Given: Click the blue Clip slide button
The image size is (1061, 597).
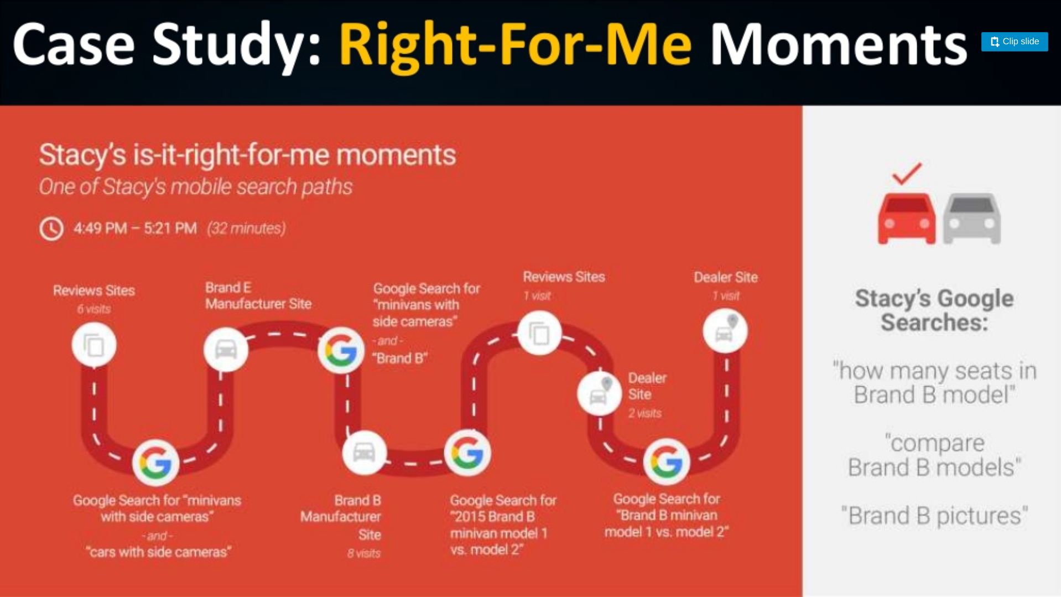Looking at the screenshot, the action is [1014, 41].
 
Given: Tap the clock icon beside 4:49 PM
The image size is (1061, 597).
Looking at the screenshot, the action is [51, 229].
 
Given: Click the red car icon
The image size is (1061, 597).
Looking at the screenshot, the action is [907, 219].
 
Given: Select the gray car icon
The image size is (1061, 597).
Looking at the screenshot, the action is [972, 219].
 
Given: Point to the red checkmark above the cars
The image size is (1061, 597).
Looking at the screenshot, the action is [907, 174].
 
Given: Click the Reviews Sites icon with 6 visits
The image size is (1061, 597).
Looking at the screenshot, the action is [94, 345].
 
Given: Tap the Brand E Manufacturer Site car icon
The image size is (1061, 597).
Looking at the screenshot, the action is [226, 349].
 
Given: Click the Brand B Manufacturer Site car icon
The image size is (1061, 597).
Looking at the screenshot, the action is [364, 453].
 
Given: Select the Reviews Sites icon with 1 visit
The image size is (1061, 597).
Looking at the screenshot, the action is [539, 333].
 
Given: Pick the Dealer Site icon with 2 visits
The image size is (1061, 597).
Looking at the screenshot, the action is [599, 393].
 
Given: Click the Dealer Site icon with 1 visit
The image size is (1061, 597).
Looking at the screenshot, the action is [725, 331].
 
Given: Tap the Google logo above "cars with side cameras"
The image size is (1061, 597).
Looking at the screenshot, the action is [155, 463].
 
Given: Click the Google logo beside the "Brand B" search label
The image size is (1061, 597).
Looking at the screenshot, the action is [341, 350].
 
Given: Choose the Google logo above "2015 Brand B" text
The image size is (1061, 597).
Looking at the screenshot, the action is [467, 453].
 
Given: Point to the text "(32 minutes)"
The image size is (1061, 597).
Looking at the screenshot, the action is [246, 229].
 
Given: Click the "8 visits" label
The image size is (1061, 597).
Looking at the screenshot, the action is [364, 553].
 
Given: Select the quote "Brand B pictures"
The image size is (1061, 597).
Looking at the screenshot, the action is [934, 516].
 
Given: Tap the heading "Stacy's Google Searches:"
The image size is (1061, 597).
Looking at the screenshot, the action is [934, 310].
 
